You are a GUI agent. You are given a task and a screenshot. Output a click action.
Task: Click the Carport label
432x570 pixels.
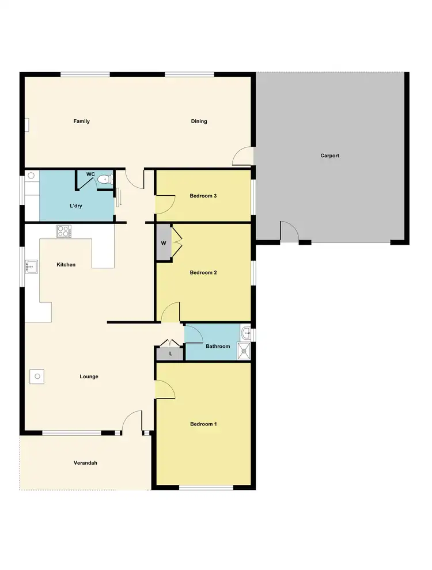pyautogui.click(x=330, y=155)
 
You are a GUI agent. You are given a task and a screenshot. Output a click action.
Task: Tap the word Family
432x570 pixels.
pyautogui.click(x=81, y=121)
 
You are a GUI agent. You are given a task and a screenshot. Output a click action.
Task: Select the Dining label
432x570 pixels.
pyautogui.click(x=199, y=121)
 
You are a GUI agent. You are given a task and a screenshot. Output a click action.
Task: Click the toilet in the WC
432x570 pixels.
pyautogui.click(x=104, y=180)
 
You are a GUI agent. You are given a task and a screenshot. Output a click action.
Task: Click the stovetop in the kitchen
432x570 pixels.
pyautogui.click(x=63, y=231)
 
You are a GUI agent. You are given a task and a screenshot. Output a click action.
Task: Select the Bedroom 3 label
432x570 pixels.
pyautogui.click(x=203, y=196)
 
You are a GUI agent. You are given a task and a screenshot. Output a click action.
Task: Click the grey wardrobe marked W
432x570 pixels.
pyautogui.click(x=164, y=243)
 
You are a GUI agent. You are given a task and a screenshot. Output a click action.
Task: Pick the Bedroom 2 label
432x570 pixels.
pyautogui.click(x=203, y=272)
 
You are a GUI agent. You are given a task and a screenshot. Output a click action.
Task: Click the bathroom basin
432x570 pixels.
pyautogui.click(x=247, y=333)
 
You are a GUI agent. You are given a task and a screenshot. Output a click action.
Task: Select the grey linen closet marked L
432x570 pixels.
pyautogui.click(x=170, y=354)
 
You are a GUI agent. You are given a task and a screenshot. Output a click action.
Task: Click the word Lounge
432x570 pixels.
pyautogui.click(x=89, y=377)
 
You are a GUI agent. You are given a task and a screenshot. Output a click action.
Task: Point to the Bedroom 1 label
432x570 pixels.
pyautogui.click(x=203, y=424)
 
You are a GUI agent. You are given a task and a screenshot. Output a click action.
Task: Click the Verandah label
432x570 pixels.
pyautogui.click(x=85, y=463)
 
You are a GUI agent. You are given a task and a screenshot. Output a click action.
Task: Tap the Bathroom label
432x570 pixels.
pyautogui.click(x=218, y=347)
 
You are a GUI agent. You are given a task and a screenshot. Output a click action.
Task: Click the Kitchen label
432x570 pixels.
pyautogui.click(x=66, y=265)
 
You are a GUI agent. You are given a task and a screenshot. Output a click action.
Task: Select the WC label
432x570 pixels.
pyautogui.click(x=90, y=174)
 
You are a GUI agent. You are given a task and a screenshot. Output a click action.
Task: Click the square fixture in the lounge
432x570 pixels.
pyautogui.click(x=36, y=376)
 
